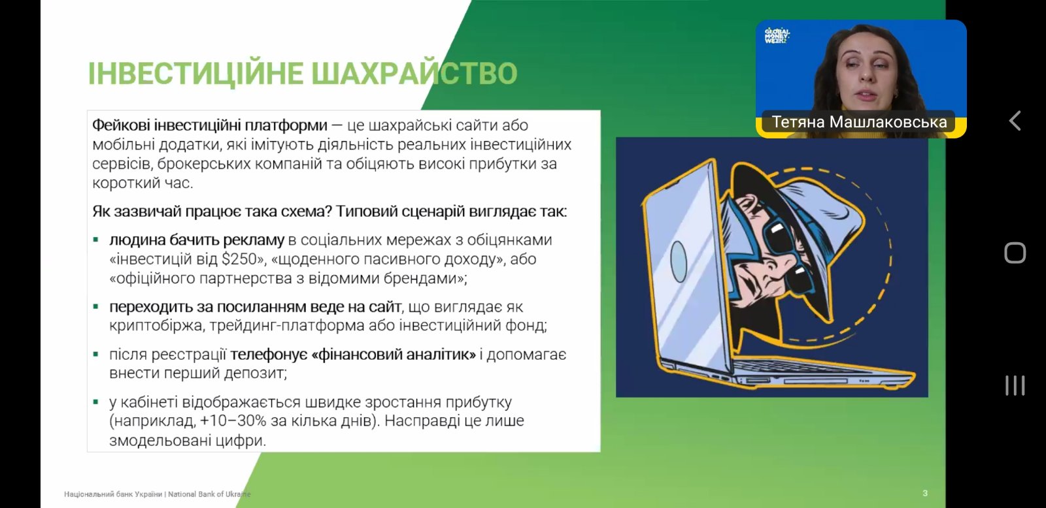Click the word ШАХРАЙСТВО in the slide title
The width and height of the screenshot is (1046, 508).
[414, 74]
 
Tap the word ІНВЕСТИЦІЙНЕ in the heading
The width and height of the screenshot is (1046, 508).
[195, 74]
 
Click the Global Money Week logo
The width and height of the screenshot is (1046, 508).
[777, 35]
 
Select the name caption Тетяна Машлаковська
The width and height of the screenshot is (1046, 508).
[859, 122]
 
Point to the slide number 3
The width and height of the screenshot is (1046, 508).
[925, 493]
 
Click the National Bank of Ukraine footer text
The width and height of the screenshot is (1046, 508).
[158, 494]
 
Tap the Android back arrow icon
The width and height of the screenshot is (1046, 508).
[1015, 121]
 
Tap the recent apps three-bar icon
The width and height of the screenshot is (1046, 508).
[1015, 386]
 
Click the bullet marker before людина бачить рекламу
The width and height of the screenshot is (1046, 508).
[95, 240]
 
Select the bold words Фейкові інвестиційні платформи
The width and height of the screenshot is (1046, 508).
[210, 125]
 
